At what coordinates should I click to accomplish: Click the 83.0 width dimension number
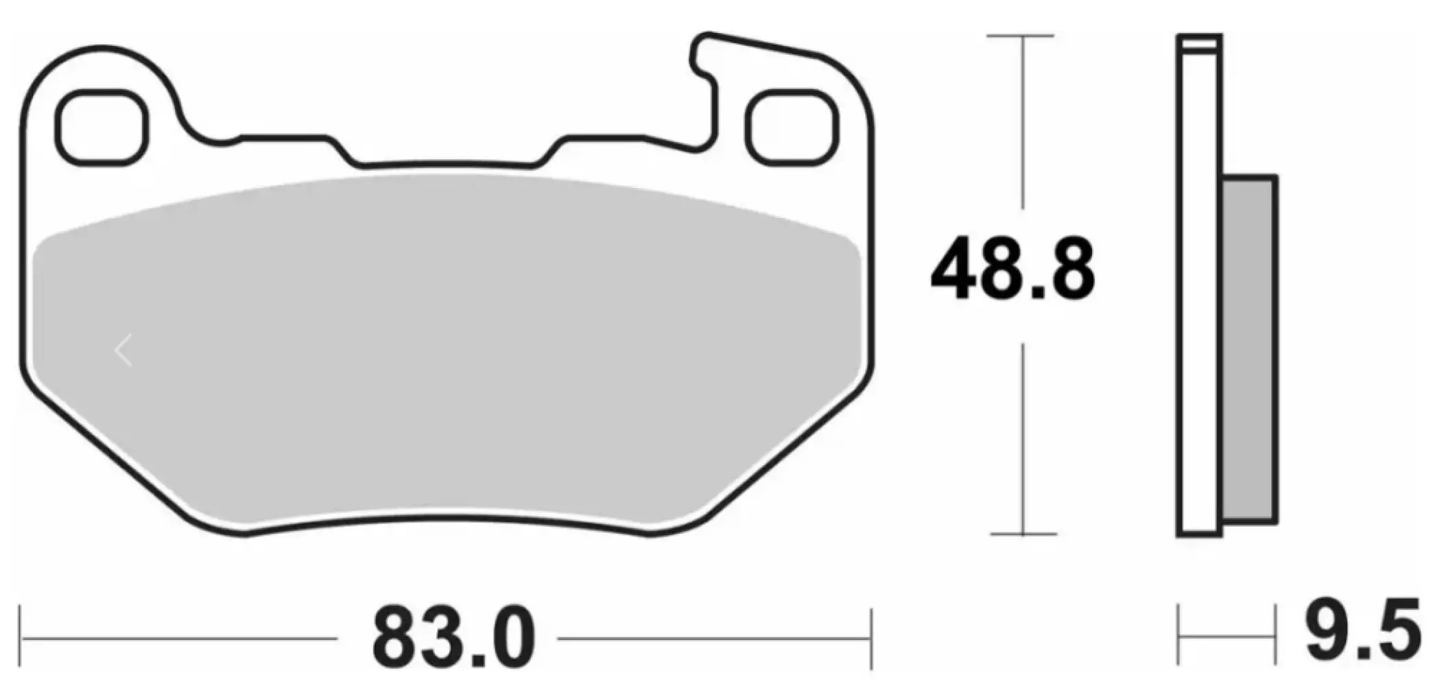[x=453, y=639]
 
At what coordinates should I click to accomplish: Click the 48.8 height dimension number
[x=1012, y=268]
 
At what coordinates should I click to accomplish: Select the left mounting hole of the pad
[x=102, y=128]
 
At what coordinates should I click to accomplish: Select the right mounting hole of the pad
[x=792, y=128]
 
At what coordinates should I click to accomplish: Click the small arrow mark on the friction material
[x=123, y=351]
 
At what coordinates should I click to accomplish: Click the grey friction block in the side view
[x=1249, y=350]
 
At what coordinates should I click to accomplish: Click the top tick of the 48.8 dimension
[x=1021, y=36]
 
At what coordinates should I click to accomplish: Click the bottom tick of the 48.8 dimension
[x=1023, y=534]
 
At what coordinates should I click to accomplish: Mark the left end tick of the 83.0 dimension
[x=22, y=639]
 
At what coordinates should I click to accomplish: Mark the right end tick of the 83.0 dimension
[x=871, y=639]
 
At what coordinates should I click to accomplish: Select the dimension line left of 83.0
[x=178, y=639]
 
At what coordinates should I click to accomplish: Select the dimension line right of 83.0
[x=713, y=639]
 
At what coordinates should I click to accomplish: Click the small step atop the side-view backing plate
[x=1199, y=43]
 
